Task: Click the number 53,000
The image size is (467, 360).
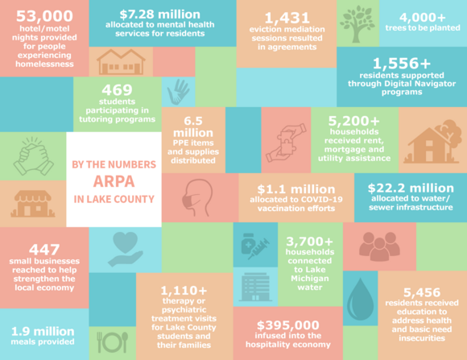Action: tap(43, 15)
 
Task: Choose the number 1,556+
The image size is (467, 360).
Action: tap(401, 63)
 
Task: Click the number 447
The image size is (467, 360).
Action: tap(43, 250)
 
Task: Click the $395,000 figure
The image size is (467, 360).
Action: tap(287, 325)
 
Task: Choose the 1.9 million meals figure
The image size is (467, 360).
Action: tap(42, 329)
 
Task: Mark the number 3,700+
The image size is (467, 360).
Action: tap(306, 240)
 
